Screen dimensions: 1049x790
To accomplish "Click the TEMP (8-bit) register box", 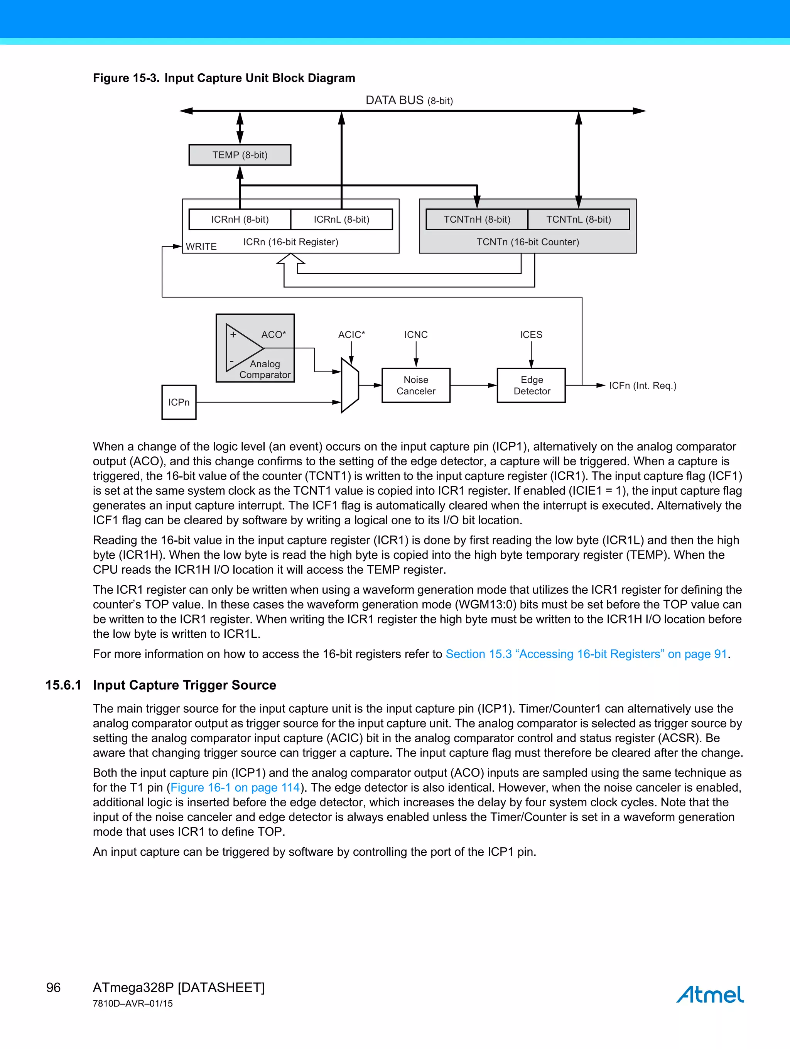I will click(x=240, y=155).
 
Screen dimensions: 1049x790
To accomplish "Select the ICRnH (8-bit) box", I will click(x=240, y=220).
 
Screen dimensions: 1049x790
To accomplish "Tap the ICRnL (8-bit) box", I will click(x=341, y=220).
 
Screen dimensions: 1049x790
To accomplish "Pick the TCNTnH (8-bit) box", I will click(x=477, y=220).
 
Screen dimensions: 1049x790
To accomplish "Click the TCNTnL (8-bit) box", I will click(x=579, y=220).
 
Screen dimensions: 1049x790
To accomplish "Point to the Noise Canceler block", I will click(x=416, y=385).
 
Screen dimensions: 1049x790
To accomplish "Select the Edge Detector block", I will click(x=532, y=385).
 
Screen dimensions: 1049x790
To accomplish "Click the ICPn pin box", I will click(x=179, y=402).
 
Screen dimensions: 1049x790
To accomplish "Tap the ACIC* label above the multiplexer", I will click(x=351, y=335).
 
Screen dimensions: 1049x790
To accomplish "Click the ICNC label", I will click(x=416, y=335).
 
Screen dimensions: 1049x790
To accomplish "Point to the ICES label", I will click(x=531, y=335).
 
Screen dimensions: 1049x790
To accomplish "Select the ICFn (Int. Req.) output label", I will click(x=643, y=385).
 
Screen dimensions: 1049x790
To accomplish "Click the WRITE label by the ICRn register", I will click(x=201, y=247).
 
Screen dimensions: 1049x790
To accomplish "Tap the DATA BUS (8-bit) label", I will click(x=409, y=101).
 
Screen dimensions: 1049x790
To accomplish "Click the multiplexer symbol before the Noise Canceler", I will click(x=350, y=385).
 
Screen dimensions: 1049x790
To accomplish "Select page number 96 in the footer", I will click(x=53, y=987).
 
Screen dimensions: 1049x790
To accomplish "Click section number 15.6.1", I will click(x=63, y=685).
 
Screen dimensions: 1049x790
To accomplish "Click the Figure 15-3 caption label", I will click(x=126, y=78).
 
